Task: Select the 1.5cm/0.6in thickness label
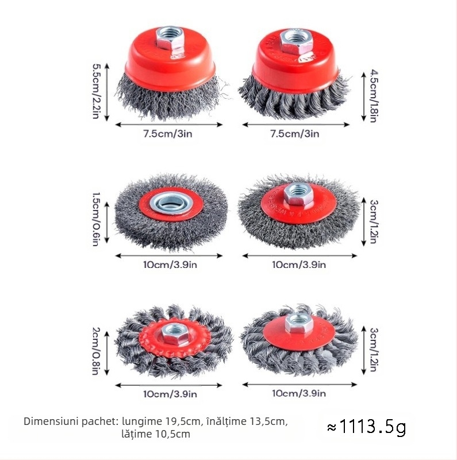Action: click(x=96, y=218)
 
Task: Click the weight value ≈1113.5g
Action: click(x=366, y=427)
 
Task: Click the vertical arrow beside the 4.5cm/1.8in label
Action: click(x=363, y=96)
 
